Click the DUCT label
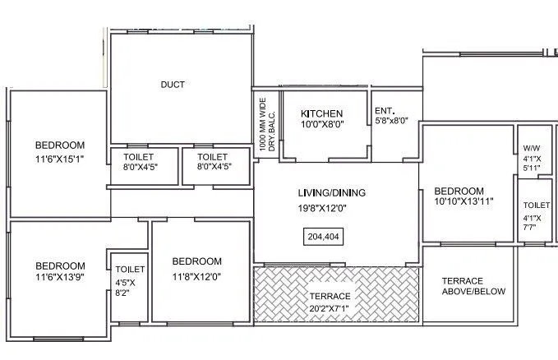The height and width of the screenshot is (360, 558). [173, 85]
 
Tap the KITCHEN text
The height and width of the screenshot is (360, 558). [321, 113]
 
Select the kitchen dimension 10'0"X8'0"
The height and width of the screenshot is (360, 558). [321, 126]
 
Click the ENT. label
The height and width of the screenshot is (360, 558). [384, 111]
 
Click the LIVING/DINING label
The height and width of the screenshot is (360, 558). [331, 193]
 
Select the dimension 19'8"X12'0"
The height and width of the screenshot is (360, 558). [331, 208]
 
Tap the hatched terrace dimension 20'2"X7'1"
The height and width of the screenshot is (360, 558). [329, 307]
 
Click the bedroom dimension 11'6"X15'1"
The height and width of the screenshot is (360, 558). [59, 159]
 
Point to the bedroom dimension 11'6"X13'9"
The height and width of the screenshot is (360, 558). [59, 279]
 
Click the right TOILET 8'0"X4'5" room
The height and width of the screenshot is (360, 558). [212, 161]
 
